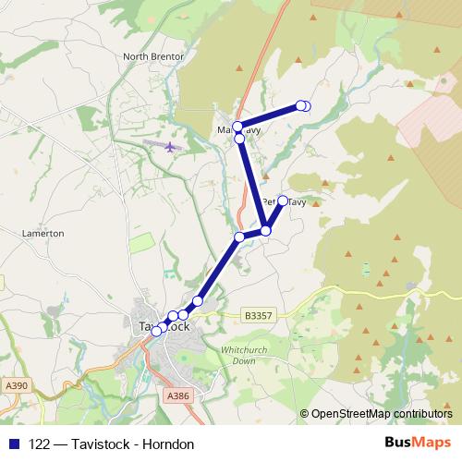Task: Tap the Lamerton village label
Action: pos(43,234)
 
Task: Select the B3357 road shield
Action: pos(260,314)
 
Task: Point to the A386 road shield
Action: pos(178,395)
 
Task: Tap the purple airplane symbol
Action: pos(170,147)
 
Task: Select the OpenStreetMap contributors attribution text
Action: pos(382,414)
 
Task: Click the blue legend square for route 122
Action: pos(14,444)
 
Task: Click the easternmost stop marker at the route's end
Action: pos(306,106)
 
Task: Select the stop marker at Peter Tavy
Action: pos(283,201)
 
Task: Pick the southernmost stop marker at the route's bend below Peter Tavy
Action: pos(265,230)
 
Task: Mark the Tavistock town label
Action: pos(164,326)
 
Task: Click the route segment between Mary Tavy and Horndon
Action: pos(269,116)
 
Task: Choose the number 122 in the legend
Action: pos(40,444)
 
